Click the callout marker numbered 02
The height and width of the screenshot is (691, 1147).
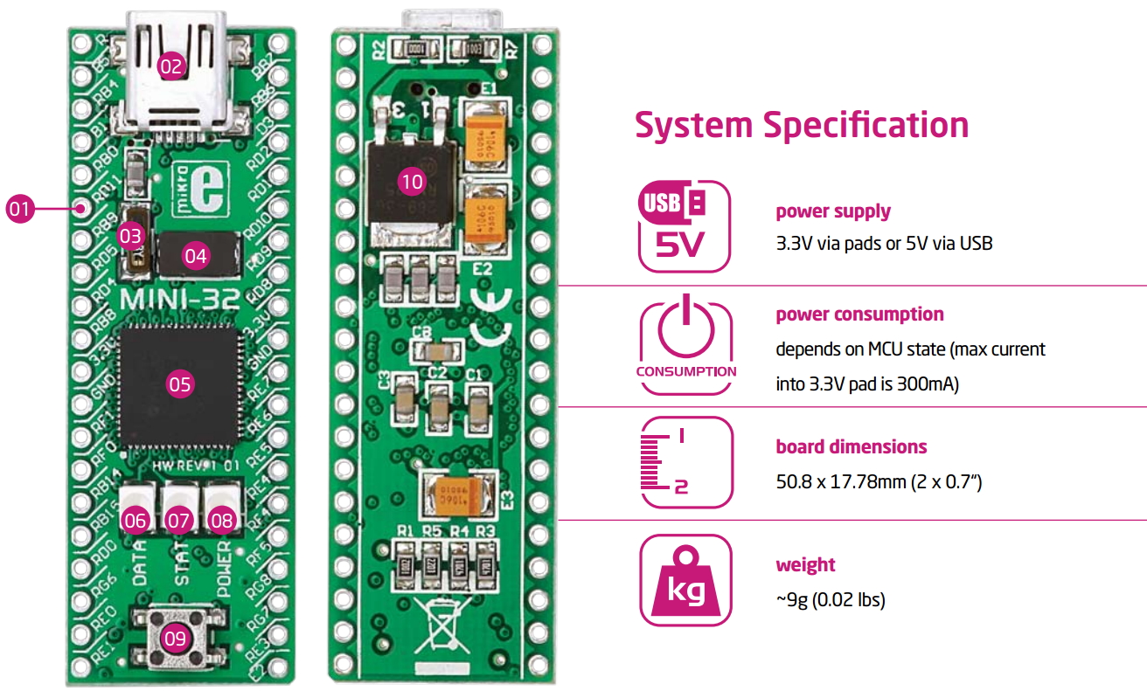[x=172, y=66]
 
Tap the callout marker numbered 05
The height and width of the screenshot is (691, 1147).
[x=179, y=384]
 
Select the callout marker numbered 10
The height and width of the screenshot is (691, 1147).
[x=411, y=182]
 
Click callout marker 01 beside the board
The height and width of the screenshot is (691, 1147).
[x=19, y=209]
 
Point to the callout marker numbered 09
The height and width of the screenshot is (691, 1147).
[x=175, y=638]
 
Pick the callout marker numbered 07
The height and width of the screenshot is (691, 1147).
[x=178, y=521]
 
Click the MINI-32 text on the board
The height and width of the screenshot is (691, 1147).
[x=176, y=300]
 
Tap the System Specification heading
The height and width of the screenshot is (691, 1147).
[x=802, y=125]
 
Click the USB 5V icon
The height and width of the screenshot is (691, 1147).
[x=685, y=226]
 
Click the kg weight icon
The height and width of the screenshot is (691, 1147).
[x=686, y=580]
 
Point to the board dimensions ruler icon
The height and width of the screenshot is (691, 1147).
[x=686, y=462]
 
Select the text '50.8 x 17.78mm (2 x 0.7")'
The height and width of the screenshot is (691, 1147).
[x=879, y=481]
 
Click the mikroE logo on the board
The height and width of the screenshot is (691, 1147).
[x=199, y=186]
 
